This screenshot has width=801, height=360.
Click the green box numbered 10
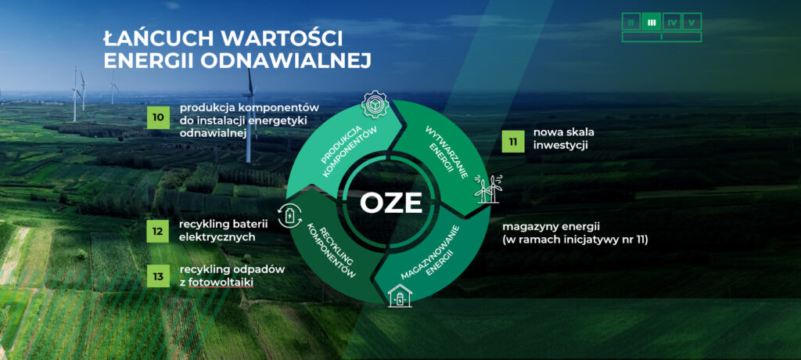click(x=158, y=117)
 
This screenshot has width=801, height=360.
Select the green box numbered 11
click(x=512, y=142)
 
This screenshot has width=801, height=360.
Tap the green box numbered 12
click(x=158, y=231)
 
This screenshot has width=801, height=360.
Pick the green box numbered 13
click(x=158, y=276)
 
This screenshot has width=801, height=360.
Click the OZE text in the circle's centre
click(x=391, y=203)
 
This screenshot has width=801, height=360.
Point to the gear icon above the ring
click(x=375, y=104)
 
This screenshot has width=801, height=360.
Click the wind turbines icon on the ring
click(x=488, y=189)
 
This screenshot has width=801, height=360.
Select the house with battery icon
click(x=400, y=296)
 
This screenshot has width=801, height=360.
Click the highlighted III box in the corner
click(x=652, y=22)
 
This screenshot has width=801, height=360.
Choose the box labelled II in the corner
click(x=631, y=22)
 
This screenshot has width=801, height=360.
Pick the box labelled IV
click(x=672, y=22)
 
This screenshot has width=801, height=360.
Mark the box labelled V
click(x=691, y=22)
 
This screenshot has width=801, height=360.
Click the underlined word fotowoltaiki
click(x=221, y=282)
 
